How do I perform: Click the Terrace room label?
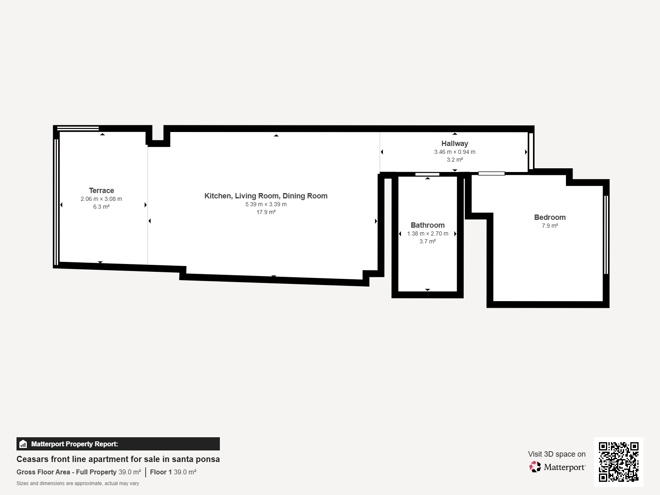(101, 191)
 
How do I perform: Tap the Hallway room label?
(455, 144)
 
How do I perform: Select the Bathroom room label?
(428, 225)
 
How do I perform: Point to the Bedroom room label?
(549, 217)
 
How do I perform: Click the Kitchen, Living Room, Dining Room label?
(266, 196)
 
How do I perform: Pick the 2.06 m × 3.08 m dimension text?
(101, 199)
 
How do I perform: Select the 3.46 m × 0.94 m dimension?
(455, 152)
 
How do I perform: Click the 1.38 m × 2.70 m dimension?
(428, 233)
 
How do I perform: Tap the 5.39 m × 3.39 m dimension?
(266, 204)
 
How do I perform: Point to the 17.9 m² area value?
(266, 212)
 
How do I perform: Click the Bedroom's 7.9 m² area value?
(549, 226)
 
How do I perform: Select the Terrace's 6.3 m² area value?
(101, 207)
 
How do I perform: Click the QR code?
(618, 462)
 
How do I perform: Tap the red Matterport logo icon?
(535, 467)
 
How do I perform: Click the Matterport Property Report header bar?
(118, 444)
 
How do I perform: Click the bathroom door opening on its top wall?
(427, 174)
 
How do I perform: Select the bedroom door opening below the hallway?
(492, 173)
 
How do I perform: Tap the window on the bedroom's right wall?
(606, 235)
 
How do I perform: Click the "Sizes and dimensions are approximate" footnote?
(78, 483)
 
